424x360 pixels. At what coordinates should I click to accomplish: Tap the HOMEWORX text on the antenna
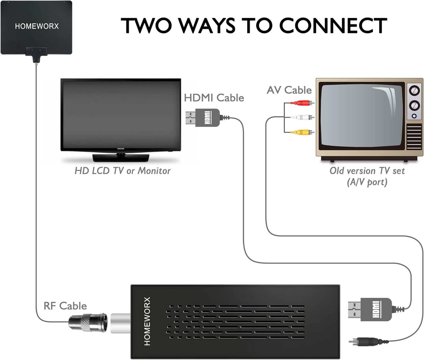click(37, 26)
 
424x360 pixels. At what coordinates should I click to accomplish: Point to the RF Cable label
click(65, 306)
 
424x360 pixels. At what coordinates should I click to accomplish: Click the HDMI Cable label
click(214, 98)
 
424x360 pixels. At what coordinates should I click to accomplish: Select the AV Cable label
click(289, 90)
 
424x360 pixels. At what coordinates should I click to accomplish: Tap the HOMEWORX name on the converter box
click(147, 321)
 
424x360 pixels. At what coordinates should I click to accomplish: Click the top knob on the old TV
click(414, 91)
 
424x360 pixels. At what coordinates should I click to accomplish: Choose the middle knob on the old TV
click(414, 105)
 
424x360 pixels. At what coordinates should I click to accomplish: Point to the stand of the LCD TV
click(121, 157)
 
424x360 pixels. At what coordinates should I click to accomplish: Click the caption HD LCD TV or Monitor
click(122, 171)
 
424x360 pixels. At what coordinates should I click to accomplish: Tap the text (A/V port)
click(367, 182)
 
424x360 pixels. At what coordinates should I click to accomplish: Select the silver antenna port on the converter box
click(120, 323)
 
